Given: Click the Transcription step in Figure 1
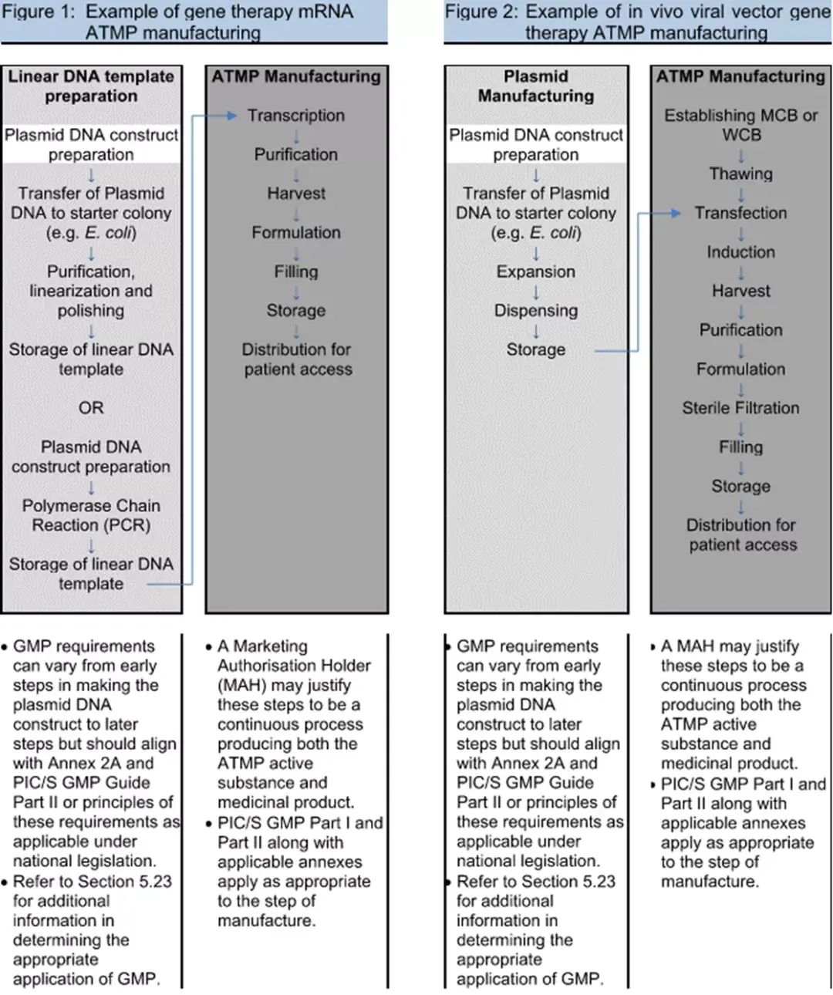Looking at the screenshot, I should [x=295, y=116].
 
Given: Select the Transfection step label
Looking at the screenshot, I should [x=740, y=213].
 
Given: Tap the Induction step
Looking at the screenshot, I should [x=740, y=252].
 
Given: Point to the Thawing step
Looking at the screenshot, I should [x=740, y=174].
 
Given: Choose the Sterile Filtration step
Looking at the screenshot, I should [x=740, y=408].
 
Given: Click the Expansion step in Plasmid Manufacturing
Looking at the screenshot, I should [x=535, y=272].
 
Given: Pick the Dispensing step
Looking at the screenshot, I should [x=535, y=311].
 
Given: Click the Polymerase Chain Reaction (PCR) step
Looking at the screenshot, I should [x=91, y=515].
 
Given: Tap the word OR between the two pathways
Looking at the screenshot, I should [x=91, y=408].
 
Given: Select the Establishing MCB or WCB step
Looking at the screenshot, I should [x=740, y=125].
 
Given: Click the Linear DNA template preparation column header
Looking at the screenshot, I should [x=91, y=86].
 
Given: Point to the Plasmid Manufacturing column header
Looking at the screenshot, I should [x=535, y=86].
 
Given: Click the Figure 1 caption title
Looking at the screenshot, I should [x=193, y=22].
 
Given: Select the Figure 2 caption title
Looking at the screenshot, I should [x=637, y=22].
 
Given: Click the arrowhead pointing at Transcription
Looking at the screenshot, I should [x=231, y=116].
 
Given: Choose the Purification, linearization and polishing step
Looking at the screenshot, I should [x=91, y=291].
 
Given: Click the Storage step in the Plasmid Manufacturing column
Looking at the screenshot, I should [x=535, y=350].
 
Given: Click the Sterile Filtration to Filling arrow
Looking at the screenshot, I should [x=740, y=428].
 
